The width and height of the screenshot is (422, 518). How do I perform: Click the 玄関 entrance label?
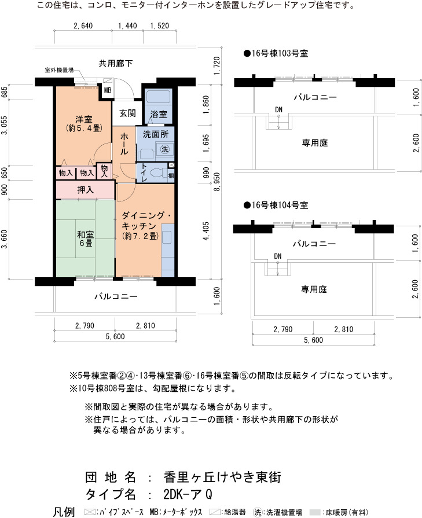pyautogui.click(x=127, y=113)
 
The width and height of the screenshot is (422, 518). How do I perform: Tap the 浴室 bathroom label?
pyautogui.click(x=159, y=114)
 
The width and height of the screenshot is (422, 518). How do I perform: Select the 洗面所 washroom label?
pyautogui.click(x=155, y=134)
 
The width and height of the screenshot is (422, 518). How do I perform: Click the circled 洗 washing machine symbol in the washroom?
pyautogui.click(x=164, y=149)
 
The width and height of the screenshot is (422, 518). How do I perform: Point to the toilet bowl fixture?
pyautogui.click(x=158, y=173)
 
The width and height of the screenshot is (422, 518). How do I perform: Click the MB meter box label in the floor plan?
pyautogui.click(x=108, y=90)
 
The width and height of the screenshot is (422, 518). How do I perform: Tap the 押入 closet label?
pyautogui.click(x=85, y=190)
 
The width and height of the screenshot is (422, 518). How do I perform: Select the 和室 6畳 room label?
pyautogui.click(x=86, y=239)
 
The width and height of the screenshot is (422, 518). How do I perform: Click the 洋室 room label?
pyautogui.click(x=84, y=123)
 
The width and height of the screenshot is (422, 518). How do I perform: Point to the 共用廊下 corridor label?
pyautogui.click(x=116, y=63)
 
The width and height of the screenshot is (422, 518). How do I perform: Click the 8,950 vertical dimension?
pyautogui.click(x=217, y=182)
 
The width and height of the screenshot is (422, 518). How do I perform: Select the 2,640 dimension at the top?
pyautogui.click(x=83, y=26)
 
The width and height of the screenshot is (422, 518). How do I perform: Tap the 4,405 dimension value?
pyautogui.click(x=206, y=231)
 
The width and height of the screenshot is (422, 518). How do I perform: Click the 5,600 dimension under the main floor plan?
pyautogui.click(x=115, y=336)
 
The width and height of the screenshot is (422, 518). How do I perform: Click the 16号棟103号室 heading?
pyautogui.click(x=276, y=53)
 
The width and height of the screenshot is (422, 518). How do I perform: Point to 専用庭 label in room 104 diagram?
pyautogui.click(x=314, y=289)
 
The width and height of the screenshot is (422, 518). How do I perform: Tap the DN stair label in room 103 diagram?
pyautogui.click(x=278, y=109)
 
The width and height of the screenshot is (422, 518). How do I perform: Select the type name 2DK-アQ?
pyautogui.click(x=188, y=494)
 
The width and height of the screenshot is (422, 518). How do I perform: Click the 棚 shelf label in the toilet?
pyautogui.click(x=171, y=175)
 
